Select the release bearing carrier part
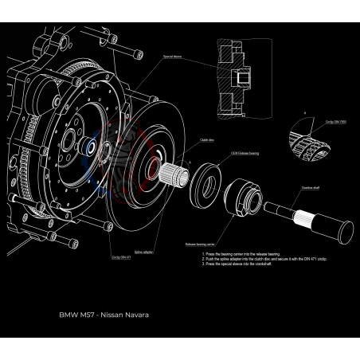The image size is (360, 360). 243,199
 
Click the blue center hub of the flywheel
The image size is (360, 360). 90,148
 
